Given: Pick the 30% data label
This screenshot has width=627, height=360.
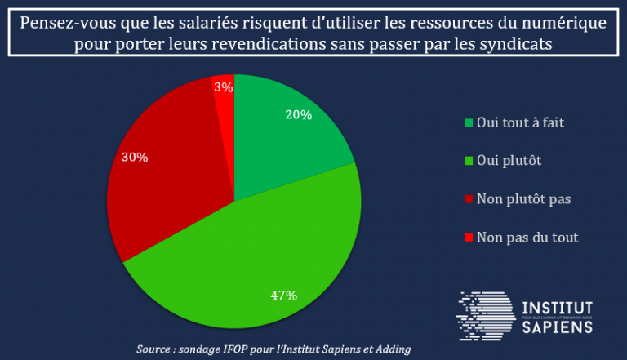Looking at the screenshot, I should (x=135, y=157).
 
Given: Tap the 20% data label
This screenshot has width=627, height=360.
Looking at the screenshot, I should (x=299, y=115).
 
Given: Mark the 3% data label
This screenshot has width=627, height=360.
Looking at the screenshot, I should (x=223, y=87).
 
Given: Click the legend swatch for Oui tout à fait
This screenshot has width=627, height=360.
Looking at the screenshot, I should (x=469, y=123).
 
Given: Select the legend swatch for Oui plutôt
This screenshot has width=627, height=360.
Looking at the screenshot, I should (x=469, y=161).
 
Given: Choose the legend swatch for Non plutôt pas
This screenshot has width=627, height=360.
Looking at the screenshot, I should (x=469, y=199).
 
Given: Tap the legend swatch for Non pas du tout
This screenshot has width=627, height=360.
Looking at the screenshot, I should (x=469, y=238).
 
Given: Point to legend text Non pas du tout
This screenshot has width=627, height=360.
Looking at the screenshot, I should (x=527, y=238).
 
